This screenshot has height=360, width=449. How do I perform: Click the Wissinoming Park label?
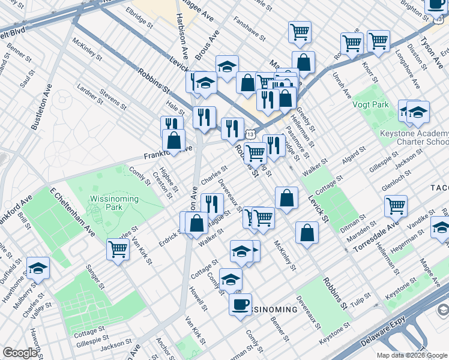[x=114, y=203]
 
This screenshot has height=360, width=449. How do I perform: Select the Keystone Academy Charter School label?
[x=414, y=138]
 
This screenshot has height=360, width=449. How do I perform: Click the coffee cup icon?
[x=240, y=304]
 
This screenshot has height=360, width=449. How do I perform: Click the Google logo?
[x=20, y=353]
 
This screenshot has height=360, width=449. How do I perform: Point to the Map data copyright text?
[x=411, y=355]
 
